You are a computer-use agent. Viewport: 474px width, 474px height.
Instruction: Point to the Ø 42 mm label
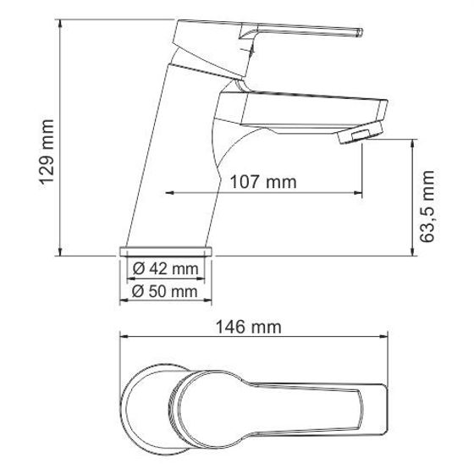point(166,271)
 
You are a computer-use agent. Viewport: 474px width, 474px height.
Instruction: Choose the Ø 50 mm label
point(166,292)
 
